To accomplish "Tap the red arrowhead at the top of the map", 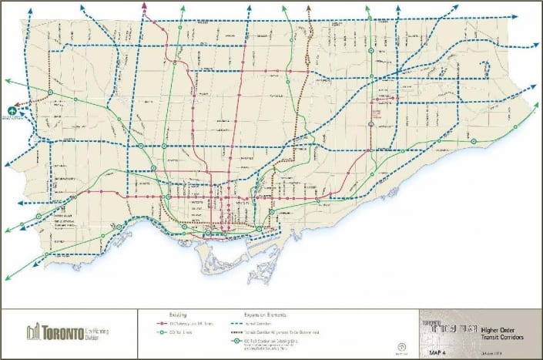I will click(x=144, y=6).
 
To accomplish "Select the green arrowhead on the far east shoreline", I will click(x=535, y=103).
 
